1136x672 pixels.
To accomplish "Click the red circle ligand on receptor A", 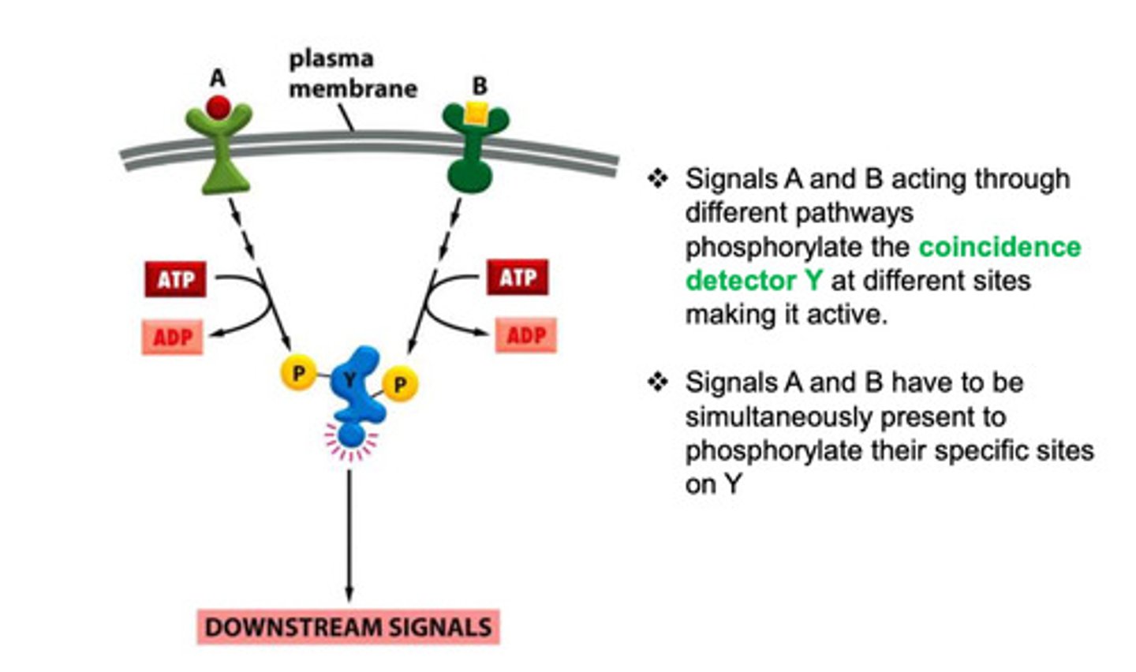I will point(219,106).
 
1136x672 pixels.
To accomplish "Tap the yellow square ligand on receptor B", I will point(476,114).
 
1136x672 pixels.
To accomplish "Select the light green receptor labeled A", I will point(220,158).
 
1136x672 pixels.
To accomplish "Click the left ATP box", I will point(175,279).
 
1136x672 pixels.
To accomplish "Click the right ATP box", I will point(518,278).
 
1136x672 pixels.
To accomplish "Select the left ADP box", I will point(173,337).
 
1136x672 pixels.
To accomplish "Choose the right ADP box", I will point(525,335).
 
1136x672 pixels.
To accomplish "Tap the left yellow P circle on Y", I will point(298,372).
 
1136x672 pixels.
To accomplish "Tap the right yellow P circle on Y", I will point(400,385).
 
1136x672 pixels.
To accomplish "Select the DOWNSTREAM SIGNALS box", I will point(348,627).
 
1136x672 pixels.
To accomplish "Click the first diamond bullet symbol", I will point(658,179).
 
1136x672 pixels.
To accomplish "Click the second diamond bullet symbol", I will point(658,383).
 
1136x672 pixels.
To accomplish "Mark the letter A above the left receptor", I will point(218,78).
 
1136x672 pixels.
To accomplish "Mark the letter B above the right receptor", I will point(479,85).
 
